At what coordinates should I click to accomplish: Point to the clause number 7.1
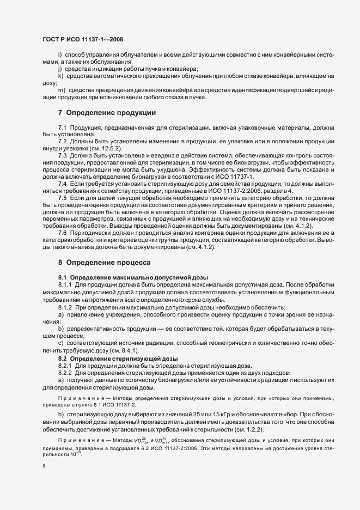[x=62, y=127]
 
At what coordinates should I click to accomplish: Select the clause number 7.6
[x=62, y=234]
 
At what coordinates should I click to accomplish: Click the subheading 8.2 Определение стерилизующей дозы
[x=123, y=359]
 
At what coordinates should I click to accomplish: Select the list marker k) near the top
[x=60, y=76]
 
